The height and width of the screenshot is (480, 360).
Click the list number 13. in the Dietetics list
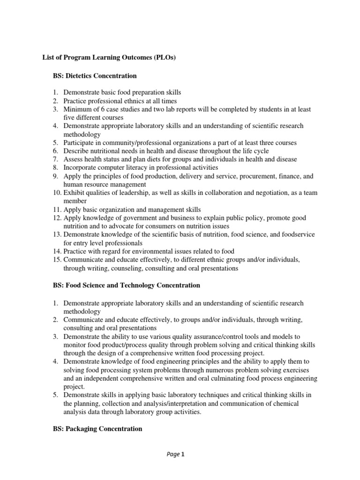(x=56, y=235)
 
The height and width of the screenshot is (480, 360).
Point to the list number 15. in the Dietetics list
(x=56, y=260)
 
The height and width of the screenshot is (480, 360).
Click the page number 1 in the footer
(x=184, y=454)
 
